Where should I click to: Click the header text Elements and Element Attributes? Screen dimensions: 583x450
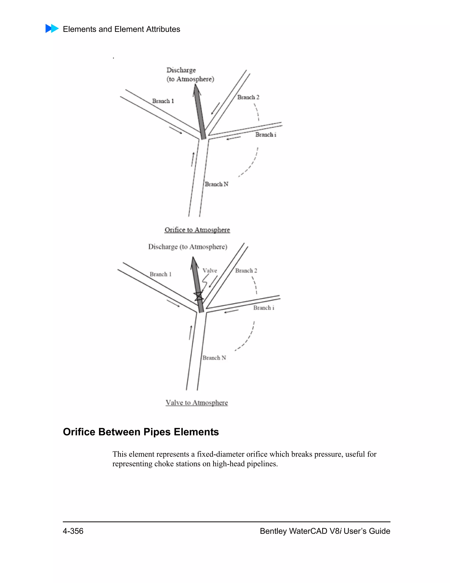(x=121, y=29)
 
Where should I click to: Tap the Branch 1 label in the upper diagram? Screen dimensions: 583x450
(x=163, y=101)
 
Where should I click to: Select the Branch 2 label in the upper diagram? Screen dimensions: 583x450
(x=248, y=97)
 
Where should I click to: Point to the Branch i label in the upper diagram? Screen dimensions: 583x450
(x=265, y=135)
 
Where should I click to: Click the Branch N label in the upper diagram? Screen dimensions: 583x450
(x=216, y=184)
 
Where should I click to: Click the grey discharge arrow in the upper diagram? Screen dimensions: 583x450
(x=200, y=112)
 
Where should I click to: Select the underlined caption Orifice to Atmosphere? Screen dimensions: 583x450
(x=197, y=230)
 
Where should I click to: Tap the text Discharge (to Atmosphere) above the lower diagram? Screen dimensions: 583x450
(x=188, y=247)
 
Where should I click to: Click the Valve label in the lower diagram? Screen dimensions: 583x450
(x=210, y=271)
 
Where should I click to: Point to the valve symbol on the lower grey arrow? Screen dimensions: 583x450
(x=199, y=296)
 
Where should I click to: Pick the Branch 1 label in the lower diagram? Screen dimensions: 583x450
(x=160, y=274)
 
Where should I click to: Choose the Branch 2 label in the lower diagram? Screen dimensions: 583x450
(x=246, y=271)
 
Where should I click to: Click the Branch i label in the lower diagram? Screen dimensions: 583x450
(x=263, y=308)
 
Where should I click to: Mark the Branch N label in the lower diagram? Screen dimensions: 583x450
(x=214, y=358)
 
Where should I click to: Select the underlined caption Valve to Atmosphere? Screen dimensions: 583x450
(x=196, y=403)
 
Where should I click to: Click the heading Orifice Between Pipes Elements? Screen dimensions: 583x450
(x=141, y=432)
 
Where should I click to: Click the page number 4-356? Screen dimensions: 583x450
(x=73, y=531)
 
